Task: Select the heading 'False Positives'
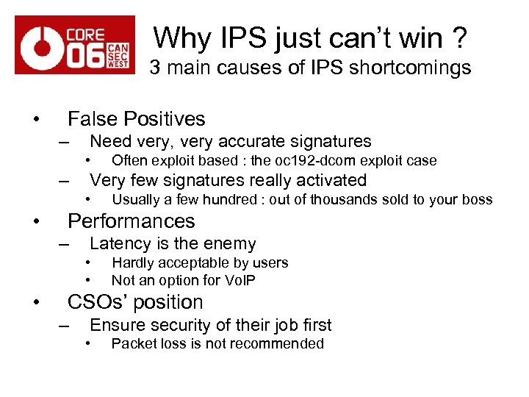(136, 118)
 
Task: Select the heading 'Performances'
(132, 221)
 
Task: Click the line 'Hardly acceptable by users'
(200, 262)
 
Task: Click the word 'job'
(280, 325)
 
